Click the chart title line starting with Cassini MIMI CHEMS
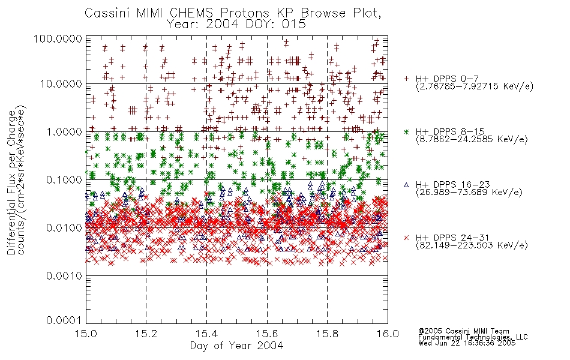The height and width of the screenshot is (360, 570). pyautogui.click(x=233, y=13)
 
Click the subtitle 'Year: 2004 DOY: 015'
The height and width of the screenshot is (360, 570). pyautogui.click(x=236, y=24)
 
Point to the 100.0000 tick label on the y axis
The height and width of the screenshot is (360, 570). pyautogui.click(x=58, y=38)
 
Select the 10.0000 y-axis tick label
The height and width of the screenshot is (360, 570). pyautogui.click(x=61, y=84)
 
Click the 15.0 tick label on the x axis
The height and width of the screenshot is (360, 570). pyautogui.click(x=86, y=334)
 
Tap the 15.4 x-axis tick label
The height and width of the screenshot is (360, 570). pyautogui.click(x=206, y=334)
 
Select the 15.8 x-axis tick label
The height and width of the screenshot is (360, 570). pyautogui.click(x=327, y=334)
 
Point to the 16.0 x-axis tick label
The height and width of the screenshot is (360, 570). pyautogui.click(x=388, y=334)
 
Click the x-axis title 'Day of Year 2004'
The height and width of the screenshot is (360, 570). pyautogui.click(x=236, y=346)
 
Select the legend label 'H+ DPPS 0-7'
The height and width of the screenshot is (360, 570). pyautogui.click(x=447, y=79)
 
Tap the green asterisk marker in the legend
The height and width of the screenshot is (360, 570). pyautogui.click(x=406, y=132)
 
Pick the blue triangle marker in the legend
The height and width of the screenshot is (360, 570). pyautogui.click(x=406, y=185)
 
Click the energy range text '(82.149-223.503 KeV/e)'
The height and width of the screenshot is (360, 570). pyautogui.click(x=472, y=245)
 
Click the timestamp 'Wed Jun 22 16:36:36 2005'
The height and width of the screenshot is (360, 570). pyautogui.click(x=467, y=343)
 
